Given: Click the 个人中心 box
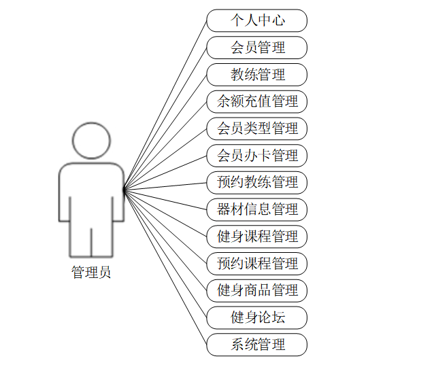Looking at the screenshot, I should (x=257, y=20).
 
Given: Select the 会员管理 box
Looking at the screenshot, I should (x=257, y=48).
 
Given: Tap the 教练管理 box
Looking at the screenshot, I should (x=257, y=75).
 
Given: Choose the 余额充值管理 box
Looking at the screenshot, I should (x=257, y=102).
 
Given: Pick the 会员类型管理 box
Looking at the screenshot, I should (x=257, y=128).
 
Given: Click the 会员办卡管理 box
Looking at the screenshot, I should (x=257, y=156).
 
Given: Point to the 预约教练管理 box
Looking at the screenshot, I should (x=257, y=182).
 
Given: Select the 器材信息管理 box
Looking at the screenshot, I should (x=257, y=209).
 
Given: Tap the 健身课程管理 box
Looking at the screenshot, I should (x=257, y=237).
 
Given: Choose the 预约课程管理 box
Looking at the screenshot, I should (x=257, y=263).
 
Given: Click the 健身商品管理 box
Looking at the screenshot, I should (x=257, y=290).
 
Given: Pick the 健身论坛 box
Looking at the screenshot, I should (x=257, y=317).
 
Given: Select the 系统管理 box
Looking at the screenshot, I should (x=257, y=344).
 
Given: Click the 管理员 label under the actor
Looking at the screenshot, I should (x=91, y=273).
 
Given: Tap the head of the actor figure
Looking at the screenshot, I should (x=91, y=141).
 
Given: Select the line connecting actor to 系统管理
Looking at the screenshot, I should (x=165, y=267).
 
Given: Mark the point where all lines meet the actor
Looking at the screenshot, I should (x=124, y=190).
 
